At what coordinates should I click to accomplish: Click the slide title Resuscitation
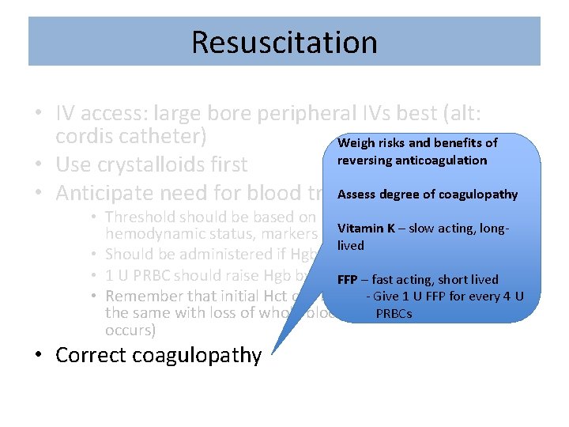pyautogui.click(x=284, y=42)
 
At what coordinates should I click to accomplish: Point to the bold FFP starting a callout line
pyautogui.click(x=347, y=279)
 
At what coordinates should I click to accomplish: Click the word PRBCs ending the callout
pyautogui.click(x=394, y=313)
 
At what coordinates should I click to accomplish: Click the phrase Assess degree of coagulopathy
pyautogui.click(x=428, y=195)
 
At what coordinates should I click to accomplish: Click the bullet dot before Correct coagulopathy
pyautogui.click(x=38, y=356)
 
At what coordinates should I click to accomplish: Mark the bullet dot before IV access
pyautogui.click(x=38, y=108)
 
